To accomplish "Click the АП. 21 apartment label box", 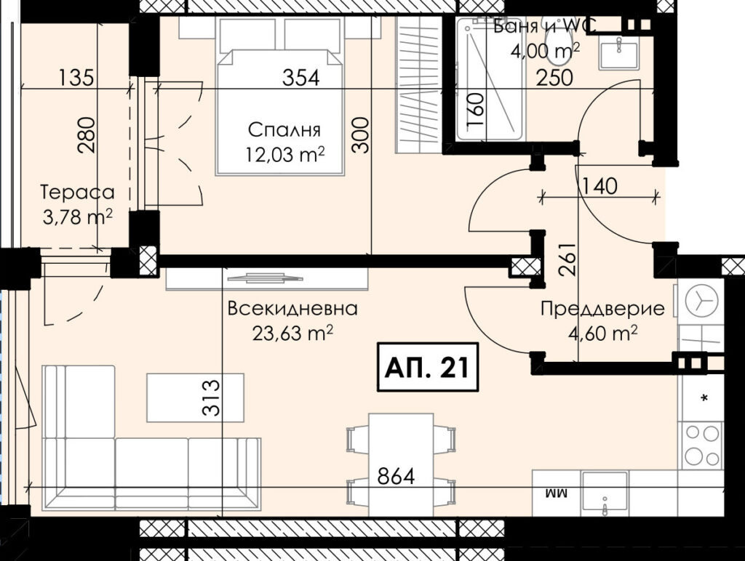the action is pos(427,368).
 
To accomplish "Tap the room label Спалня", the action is pos(284,129).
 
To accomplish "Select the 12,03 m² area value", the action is pos(285,154).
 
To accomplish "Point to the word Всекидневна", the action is pos(292,309).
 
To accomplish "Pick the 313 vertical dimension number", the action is pos(212,397).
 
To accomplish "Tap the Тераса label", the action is pos(78,193).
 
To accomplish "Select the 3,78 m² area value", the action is pos(77,217).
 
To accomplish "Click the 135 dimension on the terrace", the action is pos(76,77).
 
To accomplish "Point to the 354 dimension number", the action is pos(301,77).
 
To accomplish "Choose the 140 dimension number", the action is pos(599,185).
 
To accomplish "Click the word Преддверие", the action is pos(602,309).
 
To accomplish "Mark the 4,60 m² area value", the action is pos(602,333).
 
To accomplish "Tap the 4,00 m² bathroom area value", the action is pos(544,50).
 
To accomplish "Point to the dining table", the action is pos(401,465).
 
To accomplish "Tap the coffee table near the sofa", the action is pos(195,397).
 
